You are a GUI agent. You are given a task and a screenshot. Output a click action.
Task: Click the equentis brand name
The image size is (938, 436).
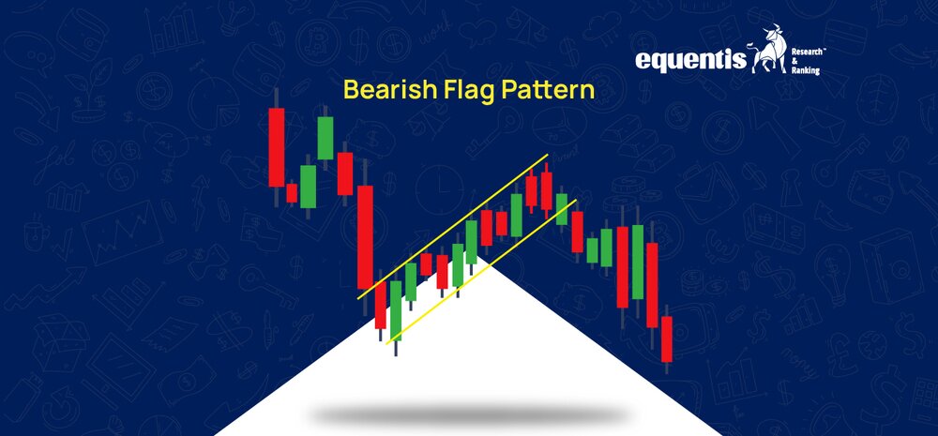691,60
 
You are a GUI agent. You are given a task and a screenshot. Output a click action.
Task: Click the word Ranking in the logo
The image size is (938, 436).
805,71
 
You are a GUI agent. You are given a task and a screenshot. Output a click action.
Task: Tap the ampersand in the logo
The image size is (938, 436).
794,62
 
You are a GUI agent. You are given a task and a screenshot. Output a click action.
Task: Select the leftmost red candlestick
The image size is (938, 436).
277,147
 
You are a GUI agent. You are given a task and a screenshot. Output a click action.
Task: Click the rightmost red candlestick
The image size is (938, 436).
666,339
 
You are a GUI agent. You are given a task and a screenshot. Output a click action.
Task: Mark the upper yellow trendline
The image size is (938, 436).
452,227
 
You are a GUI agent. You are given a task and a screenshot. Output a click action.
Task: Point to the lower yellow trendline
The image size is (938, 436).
481,272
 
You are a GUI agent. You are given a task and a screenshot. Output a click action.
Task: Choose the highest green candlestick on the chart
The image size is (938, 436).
325,138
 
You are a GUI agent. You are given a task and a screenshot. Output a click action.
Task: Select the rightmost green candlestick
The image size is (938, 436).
638,262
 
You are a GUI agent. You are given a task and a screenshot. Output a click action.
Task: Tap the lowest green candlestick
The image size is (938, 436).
396,310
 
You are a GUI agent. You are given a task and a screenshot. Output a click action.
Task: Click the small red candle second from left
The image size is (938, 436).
292,193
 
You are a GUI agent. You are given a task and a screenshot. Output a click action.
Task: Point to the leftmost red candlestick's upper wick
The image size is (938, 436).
277,98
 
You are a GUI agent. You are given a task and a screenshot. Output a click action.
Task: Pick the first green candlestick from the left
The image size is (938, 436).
308,187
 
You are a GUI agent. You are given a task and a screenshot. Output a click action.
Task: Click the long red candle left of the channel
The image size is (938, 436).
365,237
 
